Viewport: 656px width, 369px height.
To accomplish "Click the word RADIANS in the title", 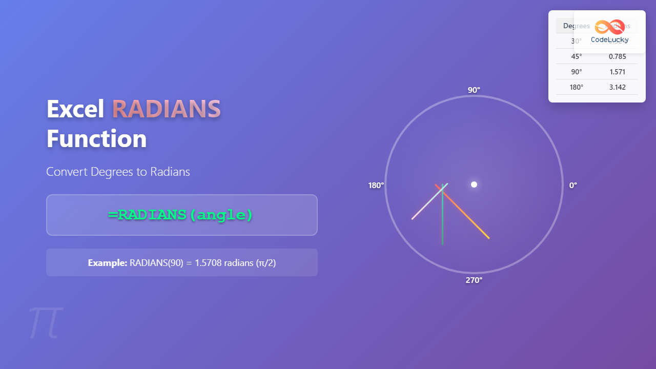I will (x=166, y=109).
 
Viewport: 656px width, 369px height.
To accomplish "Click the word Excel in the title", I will (x=75, y=109).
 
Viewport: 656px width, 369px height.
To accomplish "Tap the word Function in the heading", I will (x=96, y=139).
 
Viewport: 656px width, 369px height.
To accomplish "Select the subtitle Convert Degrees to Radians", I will (x=118, y=172).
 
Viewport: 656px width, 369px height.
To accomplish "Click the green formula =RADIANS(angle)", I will (x=181, y=215).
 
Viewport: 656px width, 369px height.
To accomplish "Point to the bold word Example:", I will (x=107, y=263).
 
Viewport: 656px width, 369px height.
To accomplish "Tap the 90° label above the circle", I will (x=474, y=90).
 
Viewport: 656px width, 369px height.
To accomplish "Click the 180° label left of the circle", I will (x=376, y=186).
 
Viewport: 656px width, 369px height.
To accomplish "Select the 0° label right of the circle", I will (x=573, y=186).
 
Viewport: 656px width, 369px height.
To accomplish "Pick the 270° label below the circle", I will (x=474, y=280).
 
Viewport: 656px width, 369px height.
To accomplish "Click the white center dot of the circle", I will (x=474, y=184).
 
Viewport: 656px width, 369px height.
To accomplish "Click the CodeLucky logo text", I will (x=609, y=39).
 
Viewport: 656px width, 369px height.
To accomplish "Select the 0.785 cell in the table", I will (x=617, y=56).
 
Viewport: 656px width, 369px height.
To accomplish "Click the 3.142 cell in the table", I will (x=617, y=87).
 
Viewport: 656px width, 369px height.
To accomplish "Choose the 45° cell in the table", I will (x=577, y=56).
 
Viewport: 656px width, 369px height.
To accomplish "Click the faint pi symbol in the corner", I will (x=46, y=323).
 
